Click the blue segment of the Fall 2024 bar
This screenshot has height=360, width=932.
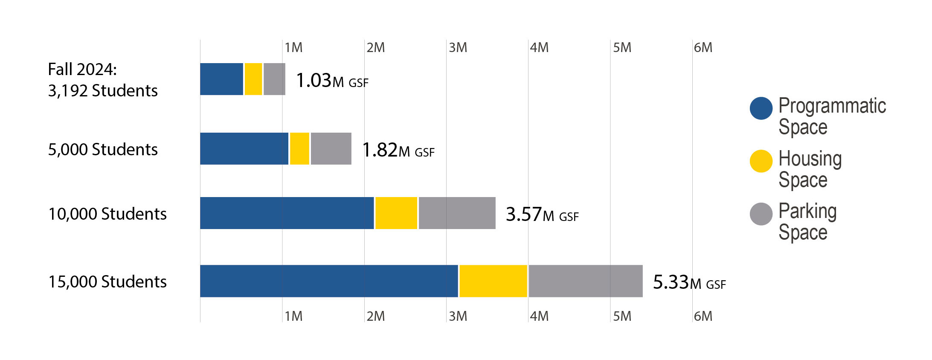tap(221, 79)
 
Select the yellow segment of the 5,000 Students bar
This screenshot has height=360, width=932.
tap(299, 148)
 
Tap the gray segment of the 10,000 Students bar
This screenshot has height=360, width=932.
tap(457, 213)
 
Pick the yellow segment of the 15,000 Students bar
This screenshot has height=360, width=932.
tap(493, 281)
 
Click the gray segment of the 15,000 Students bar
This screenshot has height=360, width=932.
tap(585, 281)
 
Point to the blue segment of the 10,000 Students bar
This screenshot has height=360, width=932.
tap(287, 213)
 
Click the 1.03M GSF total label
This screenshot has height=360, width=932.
tap(332, 81)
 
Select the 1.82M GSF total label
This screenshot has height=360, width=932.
tap(398, 150)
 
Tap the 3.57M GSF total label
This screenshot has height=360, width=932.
tap(542, 215)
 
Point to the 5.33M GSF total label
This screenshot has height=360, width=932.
tap(689, 282)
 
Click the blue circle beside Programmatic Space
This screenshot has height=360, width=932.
tap(761, 108)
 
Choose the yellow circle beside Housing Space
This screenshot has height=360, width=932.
tap(761, 161)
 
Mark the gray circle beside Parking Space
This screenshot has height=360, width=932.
tap(761, 214)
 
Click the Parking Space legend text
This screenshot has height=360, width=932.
tap(807, 222)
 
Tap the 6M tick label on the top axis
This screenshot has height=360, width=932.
tap(703, 47)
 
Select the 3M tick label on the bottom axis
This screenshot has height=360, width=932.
tap(458, 316)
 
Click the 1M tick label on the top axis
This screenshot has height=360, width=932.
tap(293, 47)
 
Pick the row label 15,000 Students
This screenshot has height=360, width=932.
tap(107, 282)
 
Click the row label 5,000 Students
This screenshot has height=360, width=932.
tap(103, 149)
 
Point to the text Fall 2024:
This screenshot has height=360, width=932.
tap(82, 69)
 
